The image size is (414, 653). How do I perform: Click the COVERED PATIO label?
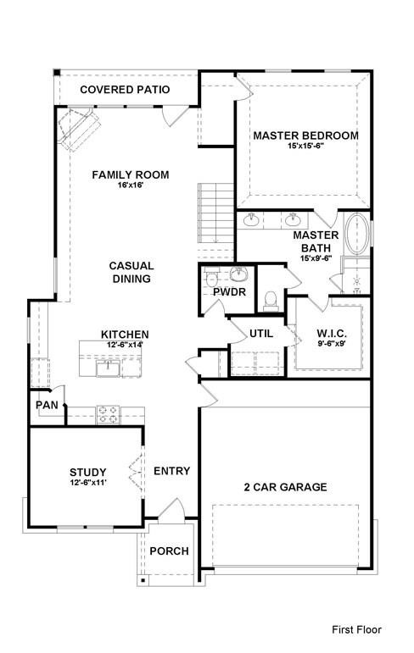point(125,89)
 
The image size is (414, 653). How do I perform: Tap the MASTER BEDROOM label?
point(305,136)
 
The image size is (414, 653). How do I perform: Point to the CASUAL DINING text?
point(131,272)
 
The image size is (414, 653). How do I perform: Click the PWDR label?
point(229,292)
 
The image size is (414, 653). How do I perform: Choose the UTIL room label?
point(261,333)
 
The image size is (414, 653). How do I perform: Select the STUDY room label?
point(87,473)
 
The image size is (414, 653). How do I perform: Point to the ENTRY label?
point(171,471)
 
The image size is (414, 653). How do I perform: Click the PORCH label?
point(169,551)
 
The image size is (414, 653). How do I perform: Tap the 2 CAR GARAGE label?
point(285,487)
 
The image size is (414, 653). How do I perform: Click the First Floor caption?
point(356,630)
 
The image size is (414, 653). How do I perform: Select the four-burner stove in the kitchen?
point(108,415)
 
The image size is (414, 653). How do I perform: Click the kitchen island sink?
point(108,368)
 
